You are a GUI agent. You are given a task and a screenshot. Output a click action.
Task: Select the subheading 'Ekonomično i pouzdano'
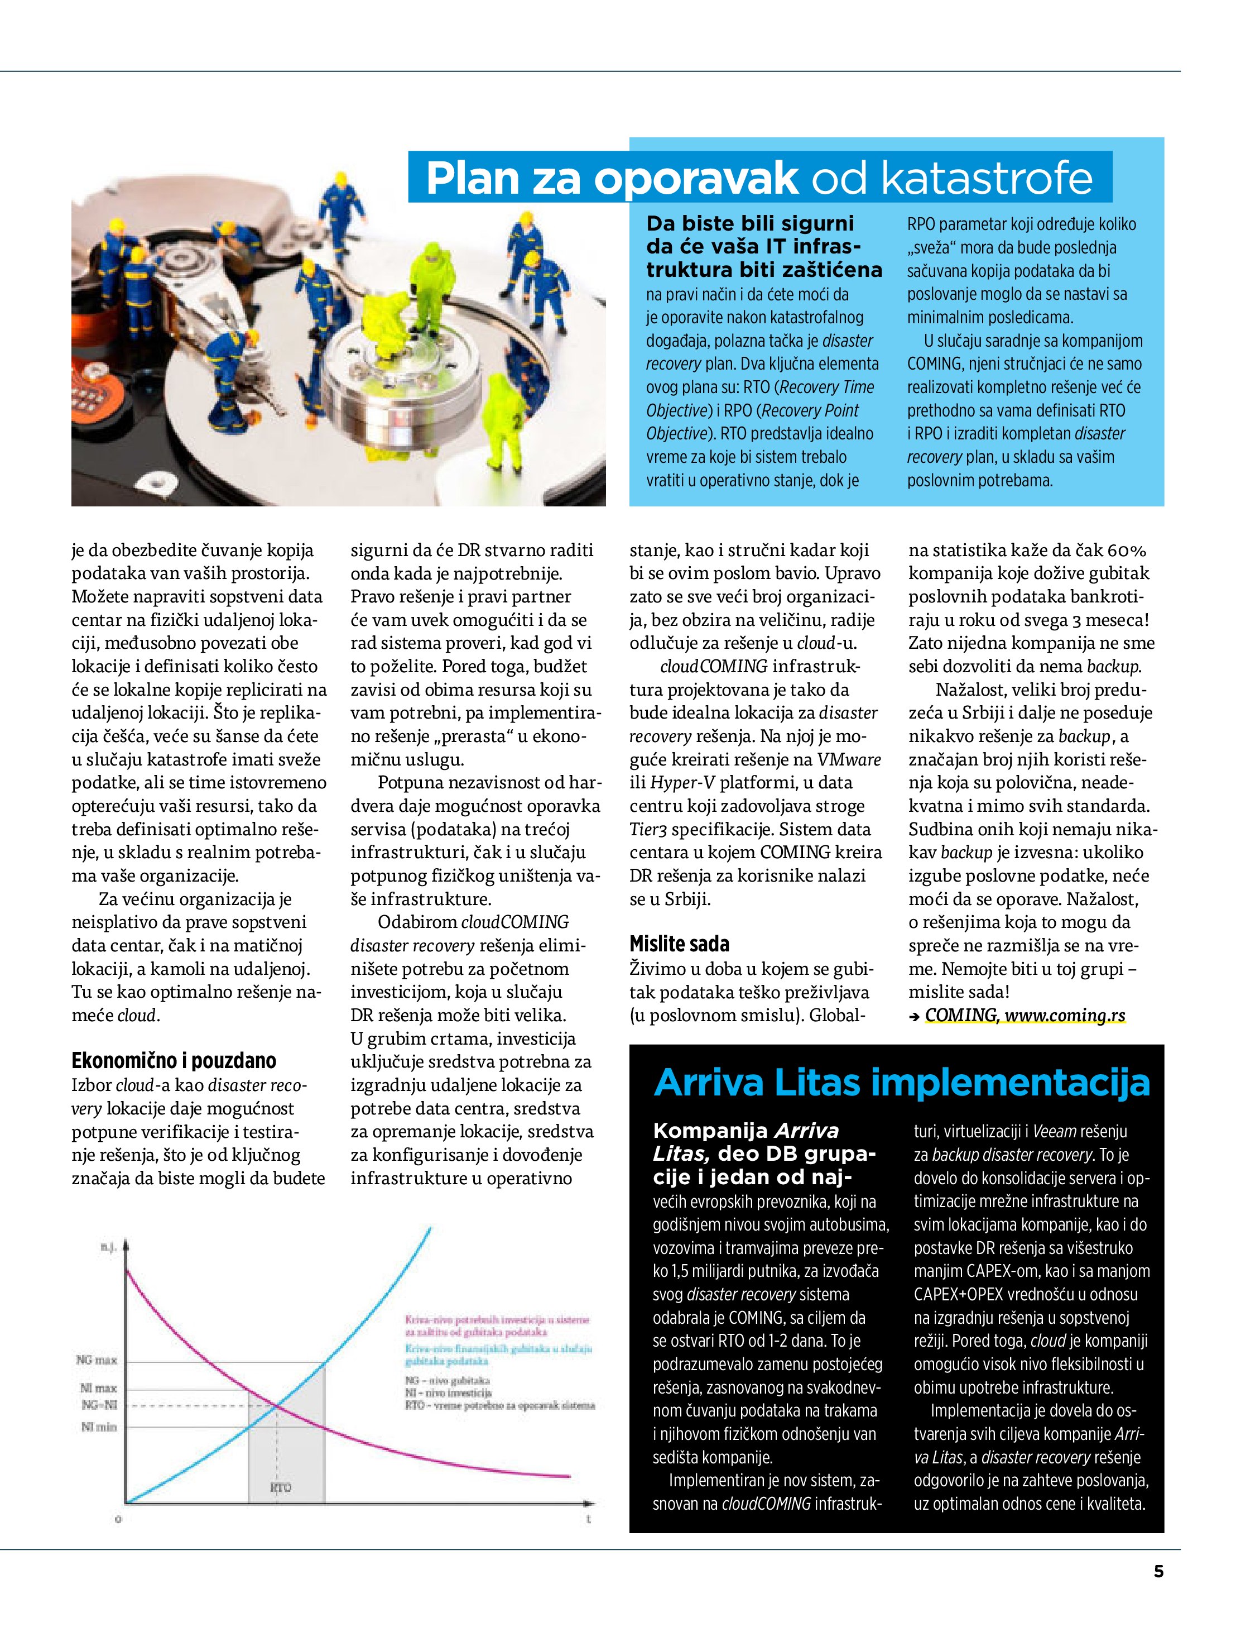[x=174, y=1061]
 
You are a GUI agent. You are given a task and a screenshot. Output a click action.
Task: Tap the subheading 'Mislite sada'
[x=679, y=944]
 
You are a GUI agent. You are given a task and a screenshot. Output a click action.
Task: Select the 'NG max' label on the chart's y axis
[x=97, y=1360]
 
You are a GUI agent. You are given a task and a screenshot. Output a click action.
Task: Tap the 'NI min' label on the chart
[x=99, y=1428]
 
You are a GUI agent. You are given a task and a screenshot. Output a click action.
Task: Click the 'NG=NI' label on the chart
[x=99, y=1405]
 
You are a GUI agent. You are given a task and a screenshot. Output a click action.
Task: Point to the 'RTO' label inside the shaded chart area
[x=280, y=1487]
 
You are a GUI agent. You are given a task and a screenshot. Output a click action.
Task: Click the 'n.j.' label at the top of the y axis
[x=108, y=1248]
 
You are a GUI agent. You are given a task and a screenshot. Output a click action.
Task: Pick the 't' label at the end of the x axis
[x=589, y=1520]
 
